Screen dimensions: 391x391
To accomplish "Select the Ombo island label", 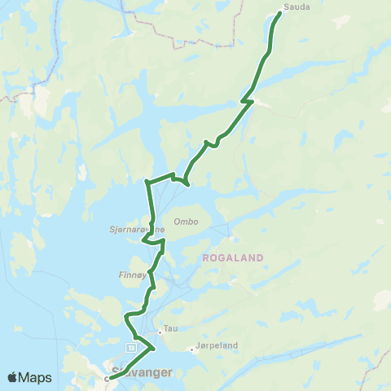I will [x=186, y=221].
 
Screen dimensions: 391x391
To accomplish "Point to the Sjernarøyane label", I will [x=131, y=230].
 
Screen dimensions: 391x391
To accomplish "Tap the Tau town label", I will [x=170, y=329].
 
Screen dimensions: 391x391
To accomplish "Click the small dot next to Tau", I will [x=160, y=329].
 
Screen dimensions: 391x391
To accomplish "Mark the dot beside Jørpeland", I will [x=191, y=349].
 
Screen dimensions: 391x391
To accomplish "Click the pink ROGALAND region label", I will [x=232, y=257].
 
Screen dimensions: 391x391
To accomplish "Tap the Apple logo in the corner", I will [x=12, y=377].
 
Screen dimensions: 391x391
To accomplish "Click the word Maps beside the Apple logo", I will [x=36, y=377].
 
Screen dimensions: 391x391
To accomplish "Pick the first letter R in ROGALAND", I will [x=204, y=257].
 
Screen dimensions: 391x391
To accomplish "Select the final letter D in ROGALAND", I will [x=261, y=257].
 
